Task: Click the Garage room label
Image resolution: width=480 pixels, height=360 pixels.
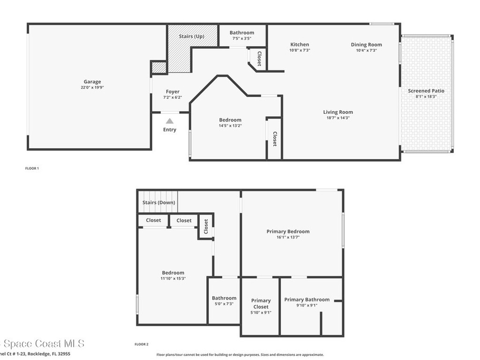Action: click(x=92, y=82)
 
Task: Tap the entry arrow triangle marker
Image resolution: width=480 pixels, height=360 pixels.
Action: click(x=169, y=121)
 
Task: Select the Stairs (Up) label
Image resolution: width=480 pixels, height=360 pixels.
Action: click(x=192, y=36)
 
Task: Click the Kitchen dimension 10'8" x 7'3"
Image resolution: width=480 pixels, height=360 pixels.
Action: click(x=300, y=50)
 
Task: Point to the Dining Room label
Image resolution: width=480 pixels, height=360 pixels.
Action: click(x=366, y=45)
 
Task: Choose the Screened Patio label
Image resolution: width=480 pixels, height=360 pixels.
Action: click(x=426, y=90)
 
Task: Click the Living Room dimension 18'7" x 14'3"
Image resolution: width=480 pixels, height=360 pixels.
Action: click(x=338, y=118)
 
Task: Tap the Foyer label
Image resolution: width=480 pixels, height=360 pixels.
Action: click(x=172, y=92)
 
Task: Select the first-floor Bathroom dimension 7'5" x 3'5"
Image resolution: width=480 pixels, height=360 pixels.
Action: click(x=242, y=38)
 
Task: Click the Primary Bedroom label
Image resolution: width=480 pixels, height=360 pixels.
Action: click(x=288, y=231)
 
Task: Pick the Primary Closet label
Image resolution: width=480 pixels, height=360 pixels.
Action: click(x=261, y=304)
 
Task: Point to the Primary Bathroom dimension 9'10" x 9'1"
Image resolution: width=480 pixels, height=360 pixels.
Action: click(x=307, y=306)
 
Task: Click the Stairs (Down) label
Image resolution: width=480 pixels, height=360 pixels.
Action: click(x=159, y=202)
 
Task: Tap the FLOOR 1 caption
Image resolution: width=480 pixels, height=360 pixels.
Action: click(x=32, y=168)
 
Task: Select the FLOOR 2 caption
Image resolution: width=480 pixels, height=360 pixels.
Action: click(x=142, y=344)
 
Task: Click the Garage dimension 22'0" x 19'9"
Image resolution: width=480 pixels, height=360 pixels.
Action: click(x=92, y=87)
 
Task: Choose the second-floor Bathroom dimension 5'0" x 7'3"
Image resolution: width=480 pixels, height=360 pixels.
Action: click(x=224, y=304)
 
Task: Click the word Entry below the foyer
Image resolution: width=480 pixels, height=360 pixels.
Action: click(x=170, y=129)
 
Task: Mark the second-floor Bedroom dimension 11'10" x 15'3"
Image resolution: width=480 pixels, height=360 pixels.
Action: click(x=173, y=278)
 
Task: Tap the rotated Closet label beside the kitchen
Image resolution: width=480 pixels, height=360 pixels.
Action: click(x=259, y=58)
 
